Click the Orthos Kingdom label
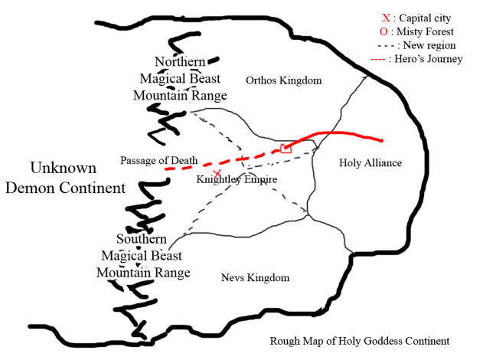[283, 80]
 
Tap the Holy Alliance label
[370, 163]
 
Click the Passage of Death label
[158, 160]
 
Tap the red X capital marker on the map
[217, 175]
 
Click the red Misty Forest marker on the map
[286, 148]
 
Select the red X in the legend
[386, 18]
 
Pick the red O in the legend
[383, 31]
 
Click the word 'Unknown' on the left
[63, 168]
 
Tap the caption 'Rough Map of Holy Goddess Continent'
[360, 342]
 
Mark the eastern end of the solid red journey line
[381, 140]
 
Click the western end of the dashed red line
[165, 168]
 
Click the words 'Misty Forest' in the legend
[426, 31]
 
